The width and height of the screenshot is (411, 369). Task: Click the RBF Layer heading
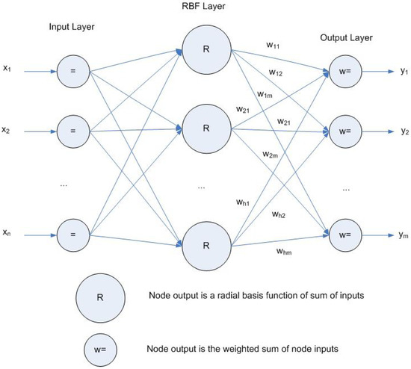(x=205, y=8)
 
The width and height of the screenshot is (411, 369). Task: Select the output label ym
(x=404, y=235)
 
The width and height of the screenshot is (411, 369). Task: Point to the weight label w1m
(x=265, y=93)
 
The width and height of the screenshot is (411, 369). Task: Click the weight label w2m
(x=270, y=153)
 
